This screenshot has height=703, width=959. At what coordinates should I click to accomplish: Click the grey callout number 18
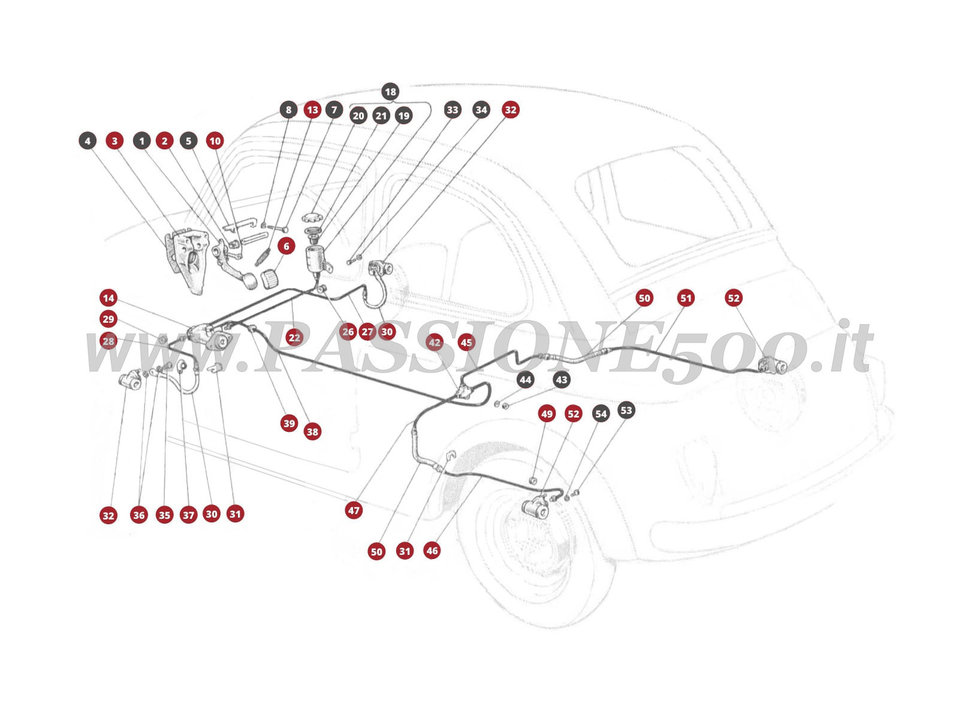pyautogui.click(x=390, y=92)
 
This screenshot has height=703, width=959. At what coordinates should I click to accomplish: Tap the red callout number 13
pyautogui.click(x=312, y=110)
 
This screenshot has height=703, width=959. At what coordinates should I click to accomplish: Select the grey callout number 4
pyautogui.click(x=88, y=141)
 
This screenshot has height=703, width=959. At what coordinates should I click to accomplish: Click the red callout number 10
pyautogui.click(x=215, y=141)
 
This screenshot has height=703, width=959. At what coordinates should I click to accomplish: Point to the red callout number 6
pyautogui.click(x=287, y=246)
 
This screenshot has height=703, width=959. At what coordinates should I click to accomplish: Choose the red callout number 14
pyautogui.click(x=108, y=298)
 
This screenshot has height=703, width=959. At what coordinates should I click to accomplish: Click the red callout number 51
pyautogui.click(x=686, y=298)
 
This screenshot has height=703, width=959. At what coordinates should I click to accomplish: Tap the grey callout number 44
pyautogui.click(x=525, y=380)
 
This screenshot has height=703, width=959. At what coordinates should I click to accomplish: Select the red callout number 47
pyautogui.click(x=354, y=510)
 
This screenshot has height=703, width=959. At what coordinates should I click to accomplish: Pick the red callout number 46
pyautogui.click(x=432, y=550)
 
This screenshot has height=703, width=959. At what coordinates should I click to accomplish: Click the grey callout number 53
pyautogui.click(x=626, y=410)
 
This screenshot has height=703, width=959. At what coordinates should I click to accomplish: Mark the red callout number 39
pyautogui.click(x=289, y=423)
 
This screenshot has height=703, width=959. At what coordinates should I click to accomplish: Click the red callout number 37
pyautogui.click(x=189, y=515)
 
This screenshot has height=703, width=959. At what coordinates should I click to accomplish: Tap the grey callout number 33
pyautogui.click(x=453, y=110)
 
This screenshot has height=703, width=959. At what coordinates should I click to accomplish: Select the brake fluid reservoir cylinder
pyautogui.click(x=315, y=259)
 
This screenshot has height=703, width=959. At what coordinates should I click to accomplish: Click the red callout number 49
pyautogui.click(x=547, y=414)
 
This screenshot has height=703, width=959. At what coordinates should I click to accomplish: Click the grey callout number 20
pyautogui.click(x=358, y=116)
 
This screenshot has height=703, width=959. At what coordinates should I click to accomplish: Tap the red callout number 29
pyautogui.click(x=108, y=319)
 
